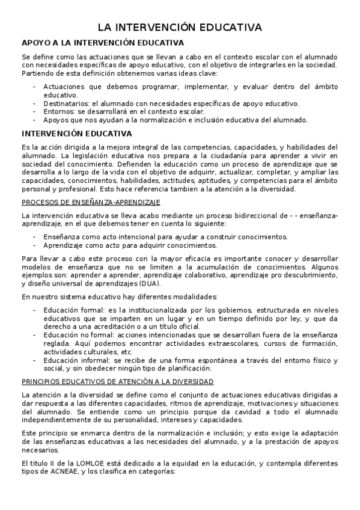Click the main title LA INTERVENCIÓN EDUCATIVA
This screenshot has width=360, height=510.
tap(180, 28)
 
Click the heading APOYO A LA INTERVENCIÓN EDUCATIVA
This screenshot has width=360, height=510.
tap(103, 43)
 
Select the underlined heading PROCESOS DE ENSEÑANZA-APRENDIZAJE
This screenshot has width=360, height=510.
tap(90, 202)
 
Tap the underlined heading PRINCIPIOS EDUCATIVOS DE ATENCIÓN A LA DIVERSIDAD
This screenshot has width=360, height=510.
tap(118, 381)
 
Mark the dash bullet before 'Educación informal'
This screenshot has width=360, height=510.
tap(35, 360)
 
